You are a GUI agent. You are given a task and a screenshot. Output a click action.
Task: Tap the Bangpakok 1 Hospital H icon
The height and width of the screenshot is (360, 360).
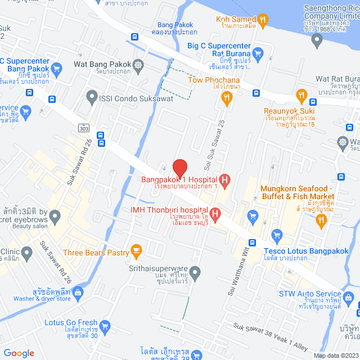(x=224, y=181)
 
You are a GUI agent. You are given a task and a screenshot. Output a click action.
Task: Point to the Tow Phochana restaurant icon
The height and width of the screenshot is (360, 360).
(x=226, y=98)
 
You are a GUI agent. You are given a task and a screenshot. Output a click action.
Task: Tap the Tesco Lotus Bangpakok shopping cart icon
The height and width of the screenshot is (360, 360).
(x=276, y=235)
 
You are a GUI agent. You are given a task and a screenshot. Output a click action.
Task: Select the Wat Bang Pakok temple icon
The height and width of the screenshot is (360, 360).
(x=138, y=65)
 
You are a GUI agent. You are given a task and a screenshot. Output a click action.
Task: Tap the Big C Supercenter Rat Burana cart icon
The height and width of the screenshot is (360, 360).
(x=258, y=54)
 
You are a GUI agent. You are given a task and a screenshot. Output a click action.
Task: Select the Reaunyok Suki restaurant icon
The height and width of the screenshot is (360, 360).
(x=301, y=94)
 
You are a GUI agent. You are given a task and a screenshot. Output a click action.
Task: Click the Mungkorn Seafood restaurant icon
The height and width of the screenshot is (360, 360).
(x=321, y=220)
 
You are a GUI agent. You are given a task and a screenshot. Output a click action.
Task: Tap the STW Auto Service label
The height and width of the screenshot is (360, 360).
(x=310, y=294)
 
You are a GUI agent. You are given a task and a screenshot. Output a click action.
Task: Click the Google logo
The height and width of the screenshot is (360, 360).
(x=19, y=353)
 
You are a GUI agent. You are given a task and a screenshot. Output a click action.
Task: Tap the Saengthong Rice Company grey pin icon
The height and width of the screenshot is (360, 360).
(x=317, y=39)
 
